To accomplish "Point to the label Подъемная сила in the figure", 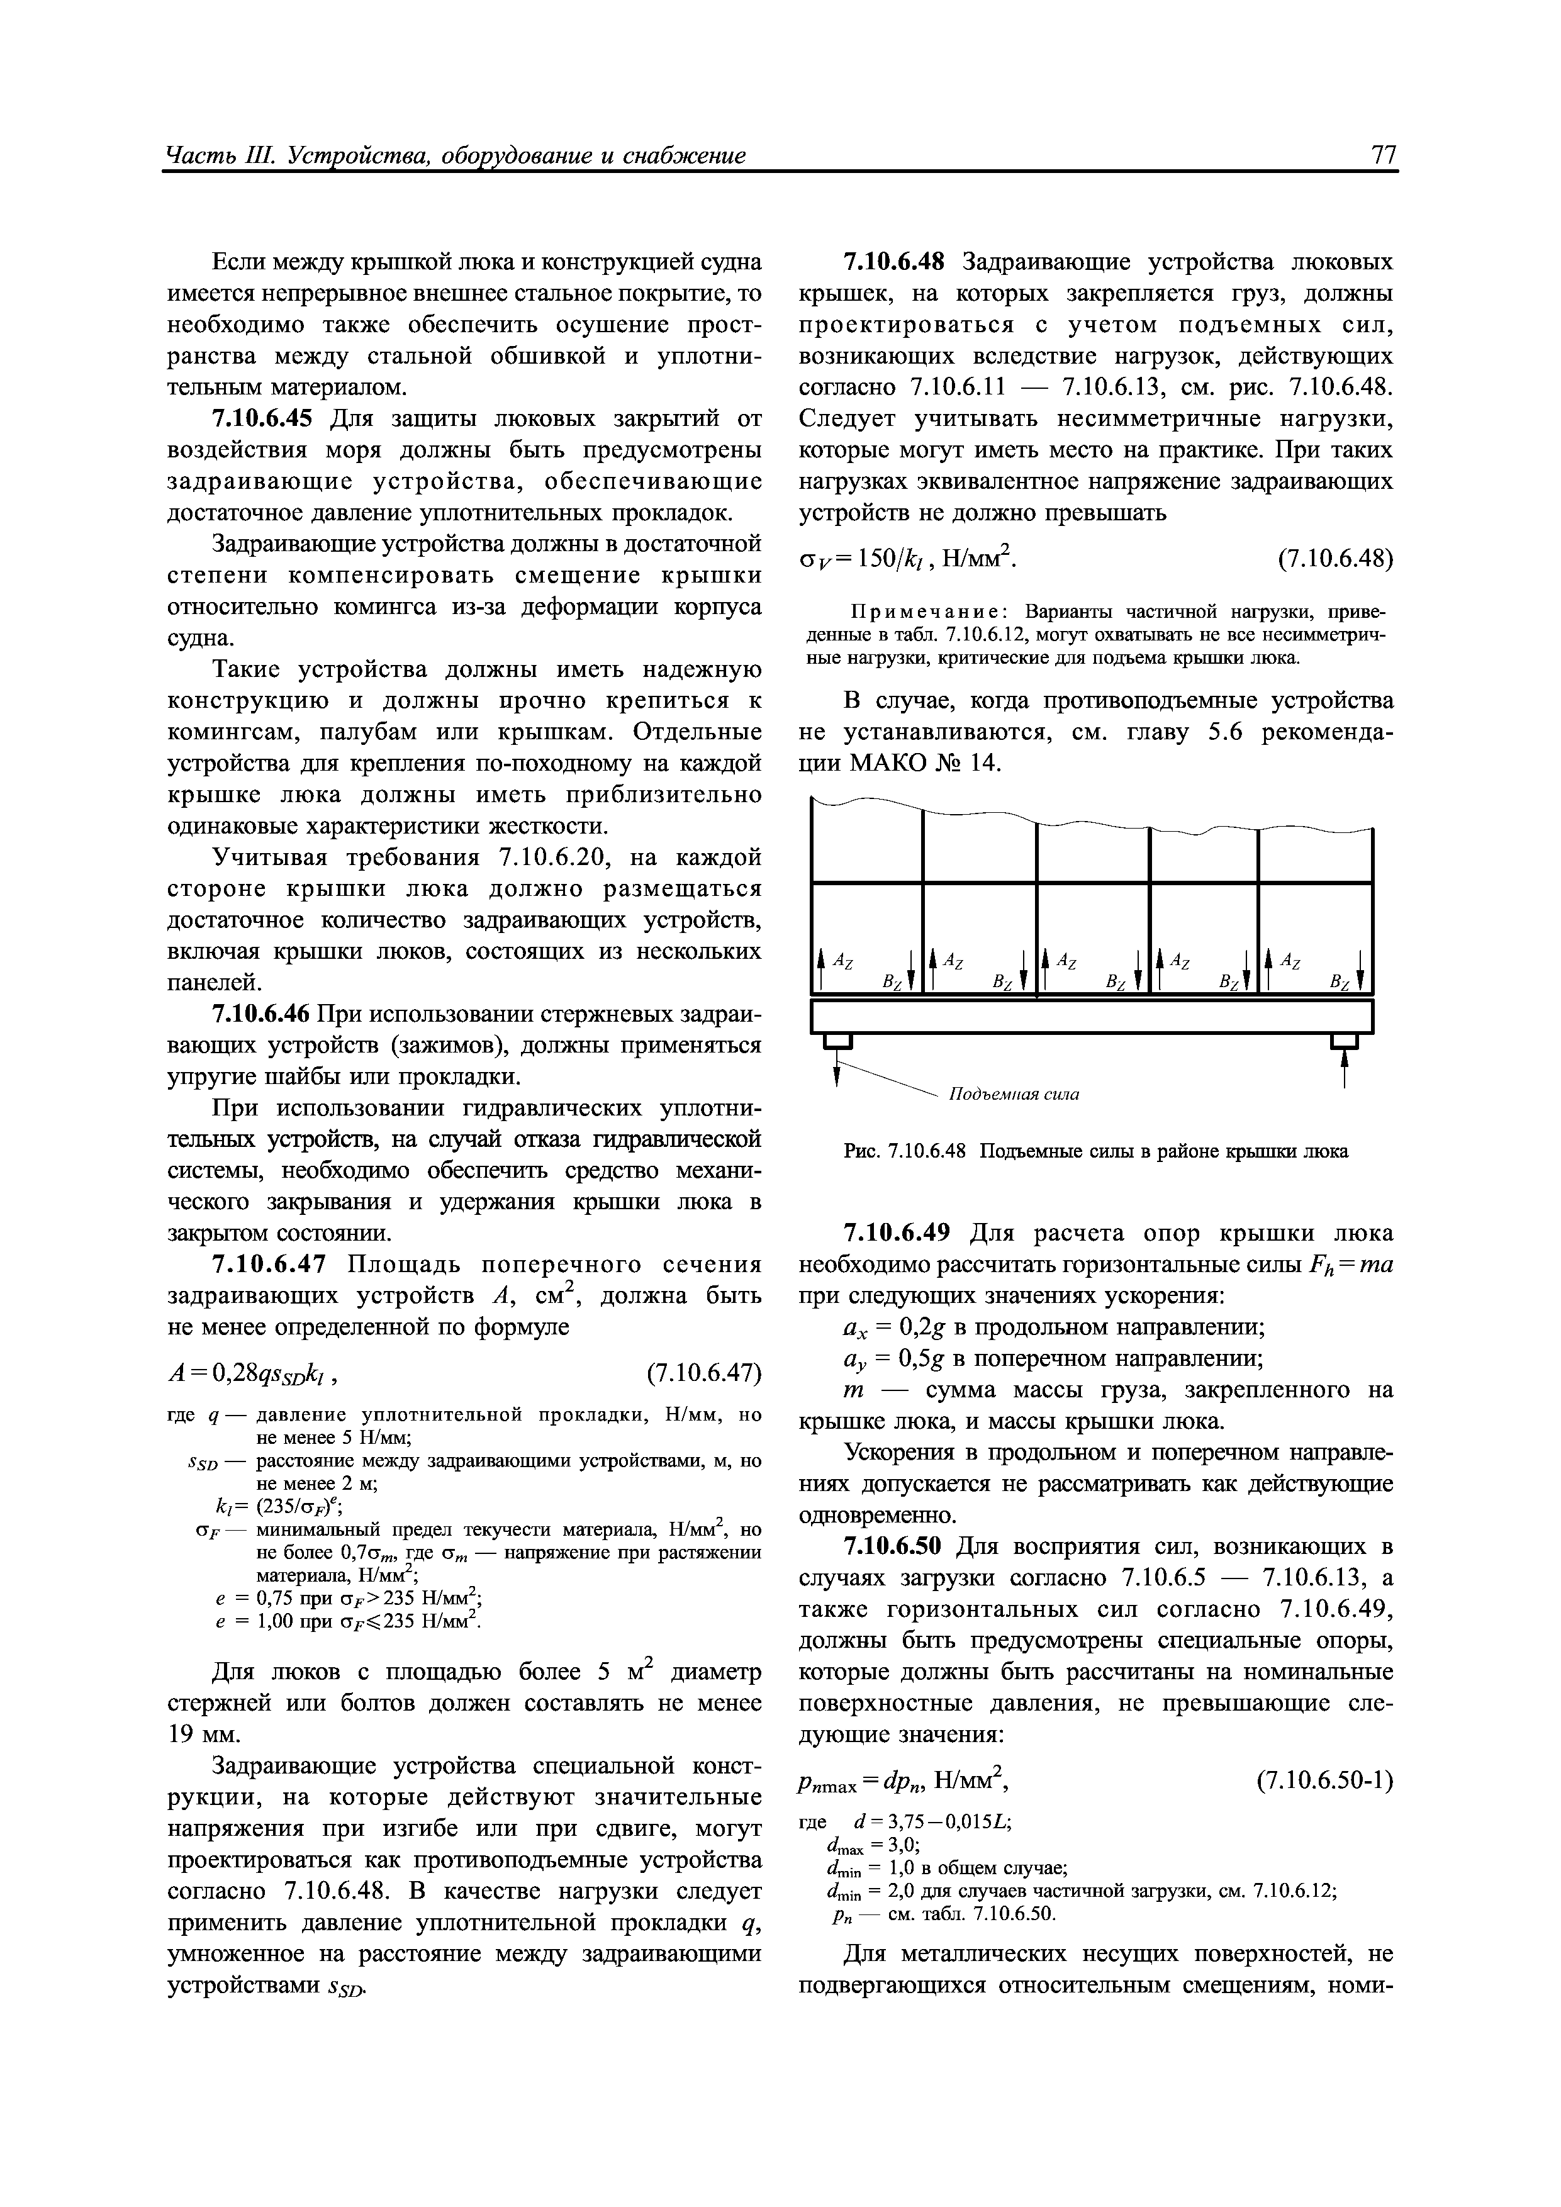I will (x=1014, y=1095).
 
